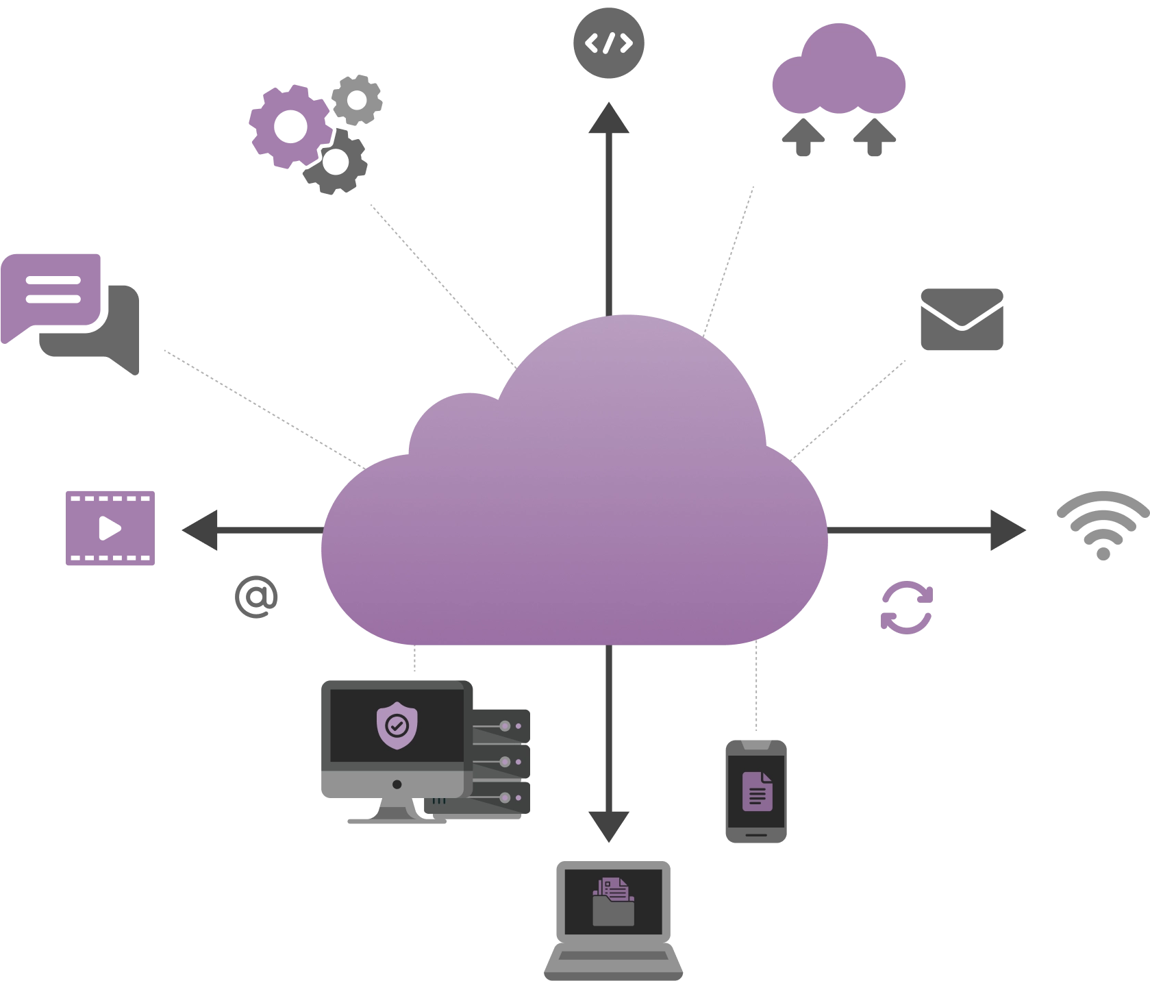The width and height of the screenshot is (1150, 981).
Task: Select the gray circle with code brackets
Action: point(608,42)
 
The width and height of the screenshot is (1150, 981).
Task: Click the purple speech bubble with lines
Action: point(52,292)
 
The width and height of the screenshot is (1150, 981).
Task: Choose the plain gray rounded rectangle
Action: point(964,317)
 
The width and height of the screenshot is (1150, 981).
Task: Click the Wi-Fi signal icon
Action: point(1101,525)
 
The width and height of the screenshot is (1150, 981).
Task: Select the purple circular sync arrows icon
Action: point(906,608)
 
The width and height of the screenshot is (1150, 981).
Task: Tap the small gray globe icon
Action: point(255,596)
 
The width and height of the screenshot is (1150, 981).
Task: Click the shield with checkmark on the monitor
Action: point(397,724)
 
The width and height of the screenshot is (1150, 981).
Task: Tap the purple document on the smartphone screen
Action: point(757,791)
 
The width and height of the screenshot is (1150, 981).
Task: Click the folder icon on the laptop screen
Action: point(613,904)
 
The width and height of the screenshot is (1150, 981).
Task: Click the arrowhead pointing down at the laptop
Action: point(608,827)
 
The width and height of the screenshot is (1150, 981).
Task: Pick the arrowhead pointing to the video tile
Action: point(201,531)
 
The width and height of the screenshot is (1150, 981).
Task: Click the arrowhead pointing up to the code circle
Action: point(608,118)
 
